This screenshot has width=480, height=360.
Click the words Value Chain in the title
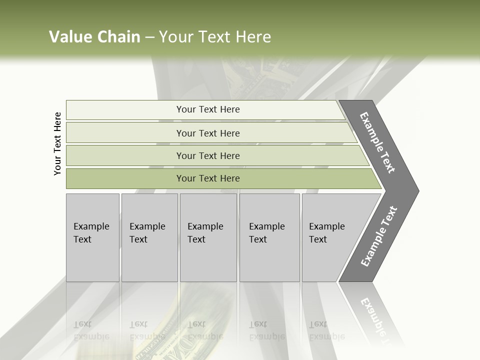click(x=94, y=37)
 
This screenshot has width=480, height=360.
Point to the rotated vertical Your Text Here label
click(x=57, y=144)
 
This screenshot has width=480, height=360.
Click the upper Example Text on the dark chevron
click(x=378, y=142)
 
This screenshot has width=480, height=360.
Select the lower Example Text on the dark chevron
click(x=379, y=236)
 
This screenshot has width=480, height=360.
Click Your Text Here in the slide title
click(x=214, y=37)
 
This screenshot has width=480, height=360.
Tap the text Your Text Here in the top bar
click(x=208, y=109)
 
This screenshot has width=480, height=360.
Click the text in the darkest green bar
click(x=208, y=178)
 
